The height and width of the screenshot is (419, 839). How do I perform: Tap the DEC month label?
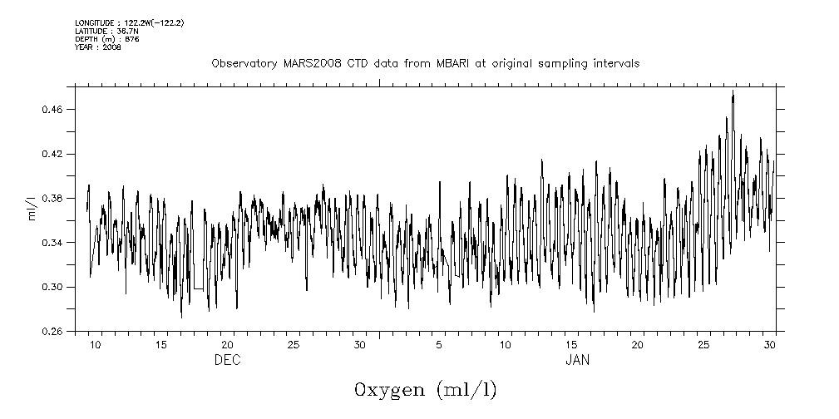pos(227,360)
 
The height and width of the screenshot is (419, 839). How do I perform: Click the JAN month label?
pos(578,360)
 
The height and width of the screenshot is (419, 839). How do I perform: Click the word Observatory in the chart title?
pos(243,64)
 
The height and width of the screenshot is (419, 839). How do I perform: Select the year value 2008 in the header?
pos(112,47)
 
